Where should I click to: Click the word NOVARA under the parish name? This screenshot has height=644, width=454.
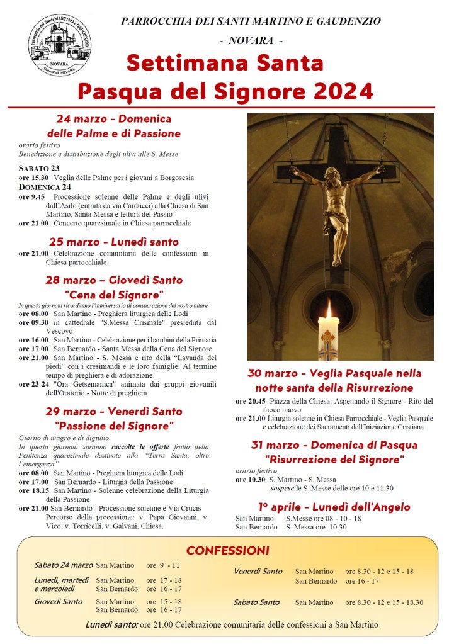tap(251, 41)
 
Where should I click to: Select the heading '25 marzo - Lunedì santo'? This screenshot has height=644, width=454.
tap(114, 242)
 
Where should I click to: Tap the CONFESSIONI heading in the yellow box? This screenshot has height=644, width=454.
tap(227, 550)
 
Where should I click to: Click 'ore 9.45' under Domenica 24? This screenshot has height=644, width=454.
tap(32, 196)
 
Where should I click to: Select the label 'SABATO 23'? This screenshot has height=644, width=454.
tap(39, 168)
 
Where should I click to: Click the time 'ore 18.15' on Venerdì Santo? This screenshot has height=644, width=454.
tap(33, 490)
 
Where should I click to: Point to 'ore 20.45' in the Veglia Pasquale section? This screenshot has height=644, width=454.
tap(250, 401)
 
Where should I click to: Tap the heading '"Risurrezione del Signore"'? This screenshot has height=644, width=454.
tap(334, 459)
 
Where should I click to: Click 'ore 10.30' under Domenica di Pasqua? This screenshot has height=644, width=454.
tap(250, 480)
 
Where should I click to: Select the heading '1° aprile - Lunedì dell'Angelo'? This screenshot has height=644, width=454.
tap(334, 507)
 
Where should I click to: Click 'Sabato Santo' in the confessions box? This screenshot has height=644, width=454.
tap(256, 602)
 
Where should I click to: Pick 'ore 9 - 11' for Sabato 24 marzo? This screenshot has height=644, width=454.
tap(163, 565)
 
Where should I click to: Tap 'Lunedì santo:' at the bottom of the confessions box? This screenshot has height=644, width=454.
tap(111, 625)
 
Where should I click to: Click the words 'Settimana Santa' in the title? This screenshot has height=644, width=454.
tap(225, 63)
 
